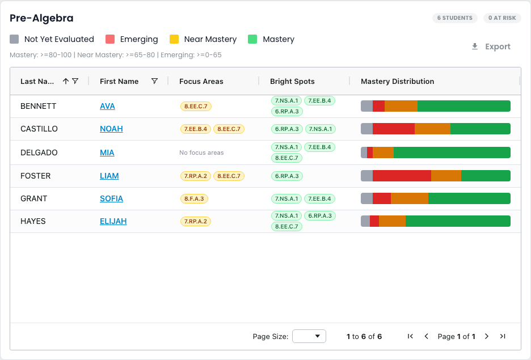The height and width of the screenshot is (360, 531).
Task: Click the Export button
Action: pos(491,46)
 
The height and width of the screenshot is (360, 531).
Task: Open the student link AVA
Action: pos(107,106)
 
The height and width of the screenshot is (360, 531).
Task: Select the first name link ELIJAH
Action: pos(113,221)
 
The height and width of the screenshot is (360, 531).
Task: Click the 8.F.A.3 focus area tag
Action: pos(194,198)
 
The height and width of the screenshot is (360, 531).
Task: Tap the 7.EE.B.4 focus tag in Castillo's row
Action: pos(196,129)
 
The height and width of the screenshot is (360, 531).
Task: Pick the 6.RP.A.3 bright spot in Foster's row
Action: pos(287,176)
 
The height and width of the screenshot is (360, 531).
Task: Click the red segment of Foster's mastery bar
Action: pos(402,176)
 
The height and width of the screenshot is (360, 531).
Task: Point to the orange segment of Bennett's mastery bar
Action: pos(401,106)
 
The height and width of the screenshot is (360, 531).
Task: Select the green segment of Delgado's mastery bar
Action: pos(452,153)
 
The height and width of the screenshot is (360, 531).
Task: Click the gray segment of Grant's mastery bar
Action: pos(366,198)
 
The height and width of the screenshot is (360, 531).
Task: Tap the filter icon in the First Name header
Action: pos(154,81)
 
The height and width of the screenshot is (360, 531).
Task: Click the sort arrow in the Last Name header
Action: pos(66,81)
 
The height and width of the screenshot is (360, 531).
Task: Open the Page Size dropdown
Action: pos(309,336)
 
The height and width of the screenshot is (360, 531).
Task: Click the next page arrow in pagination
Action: pos(487,336)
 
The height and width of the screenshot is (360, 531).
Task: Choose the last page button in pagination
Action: pos(503,336)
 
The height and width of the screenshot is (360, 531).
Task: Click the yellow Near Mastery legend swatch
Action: pos(174,39)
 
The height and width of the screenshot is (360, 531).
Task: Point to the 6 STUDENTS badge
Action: pos(455,18)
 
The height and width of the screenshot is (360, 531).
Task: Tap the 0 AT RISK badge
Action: pos(502,18)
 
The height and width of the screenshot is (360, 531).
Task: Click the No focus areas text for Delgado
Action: pos(201,153)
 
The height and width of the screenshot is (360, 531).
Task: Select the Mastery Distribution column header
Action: pos(397,81)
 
